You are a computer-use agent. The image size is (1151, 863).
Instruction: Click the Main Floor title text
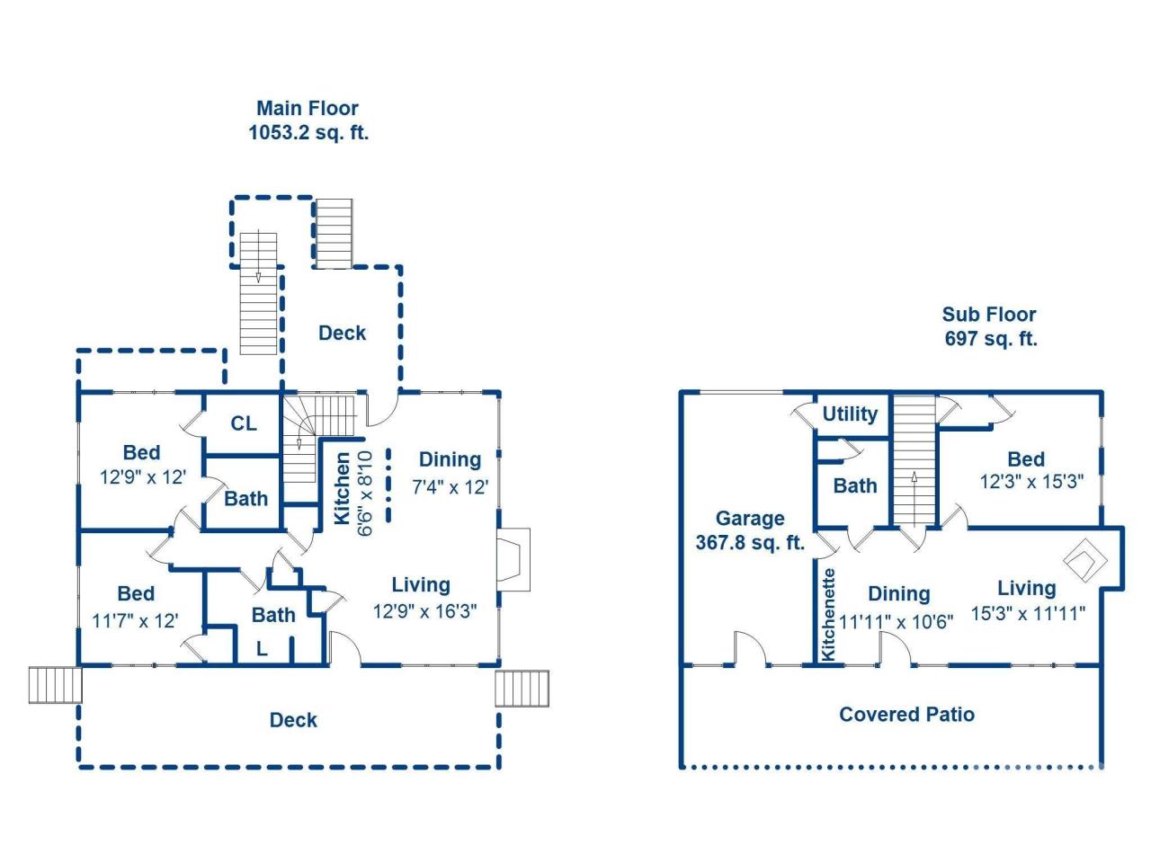(x=308, y=109)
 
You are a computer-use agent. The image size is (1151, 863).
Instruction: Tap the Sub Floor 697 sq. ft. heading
(x=989, y=326)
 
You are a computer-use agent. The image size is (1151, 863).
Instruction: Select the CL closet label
(x=244, y=423)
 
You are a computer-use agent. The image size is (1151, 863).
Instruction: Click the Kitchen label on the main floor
(x=343, y=488)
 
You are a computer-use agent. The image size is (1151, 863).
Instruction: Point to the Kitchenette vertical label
(x=829, y=614)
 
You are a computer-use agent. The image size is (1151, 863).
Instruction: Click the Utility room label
(x=850, y=414)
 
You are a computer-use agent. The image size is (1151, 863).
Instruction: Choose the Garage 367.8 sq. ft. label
(x=749, y=530)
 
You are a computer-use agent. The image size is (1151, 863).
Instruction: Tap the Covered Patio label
(x=906, y=715)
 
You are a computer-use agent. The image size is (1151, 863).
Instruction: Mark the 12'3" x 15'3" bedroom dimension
(x=1031, y=482)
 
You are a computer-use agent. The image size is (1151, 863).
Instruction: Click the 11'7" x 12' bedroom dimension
(x=135, y=620)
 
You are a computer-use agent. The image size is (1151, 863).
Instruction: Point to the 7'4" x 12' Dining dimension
(x=450, y=487)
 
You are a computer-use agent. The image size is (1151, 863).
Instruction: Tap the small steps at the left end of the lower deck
(x=55, y=685)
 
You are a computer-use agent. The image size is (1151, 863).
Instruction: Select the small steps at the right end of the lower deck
(x=522, y=689)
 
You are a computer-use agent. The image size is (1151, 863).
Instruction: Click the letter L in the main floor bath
(x=262, y=648)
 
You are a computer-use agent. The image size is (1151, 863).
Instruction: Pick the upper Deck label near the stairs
(x=342, y=334)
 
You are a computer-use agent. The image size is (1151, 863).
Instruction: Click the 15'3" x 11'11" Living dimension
(x=1028, y=614)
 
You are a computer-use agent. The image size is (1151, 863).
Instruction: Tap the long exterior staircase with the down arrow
(x=259, y=293)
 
